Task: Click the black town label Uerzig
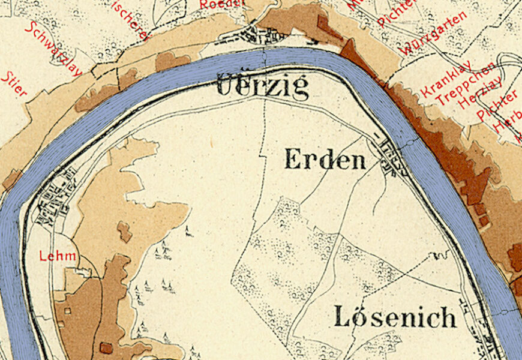pos(262,87)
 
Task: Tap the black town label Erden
pos(325,160)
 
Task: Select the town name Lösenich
pos(395,317)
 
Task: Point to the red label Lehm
pos(58,256)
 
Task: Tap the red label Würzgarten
pos(434,34)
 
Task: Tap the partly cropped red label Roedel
pos(222,4)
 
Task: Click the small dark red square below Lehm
pos(106,347)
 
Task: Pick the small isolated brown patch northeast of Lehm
pos(124,231)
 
